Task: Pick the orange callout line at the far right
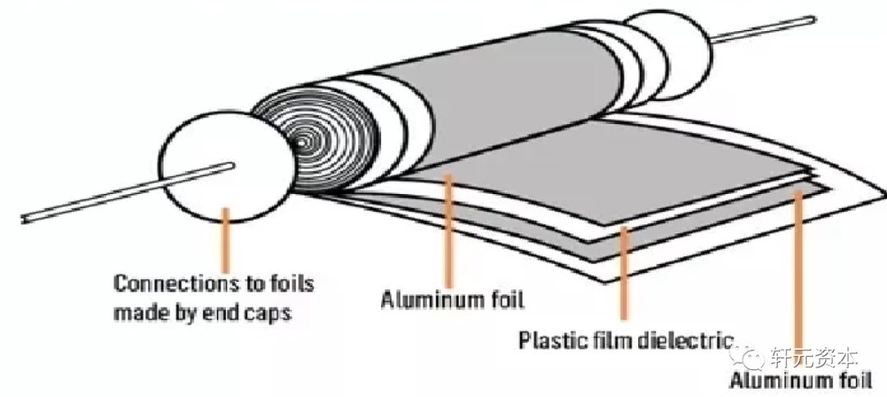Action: tap(797, 279)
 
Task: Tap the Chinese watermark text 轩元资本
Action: tap(814, 358)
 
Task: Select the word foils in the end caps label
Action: tap(292, 285)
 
